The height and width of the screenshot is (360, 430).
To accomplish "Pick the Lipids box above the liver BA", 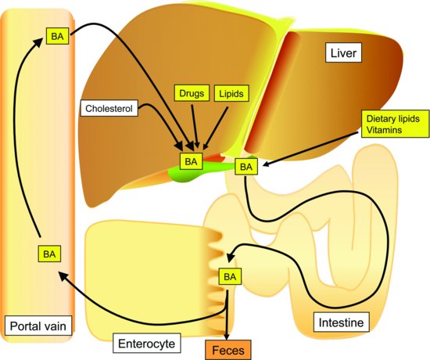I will click(x=230, y=94).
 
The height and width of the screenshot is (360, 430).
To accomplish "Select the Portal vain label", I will click(x=37, y=325).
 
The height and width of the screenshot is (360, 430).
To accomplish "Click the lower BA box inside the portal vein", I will click(x=49, y=254).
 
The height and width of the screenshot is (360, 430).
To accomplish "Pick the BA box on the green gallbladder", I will click(x=191, y=161).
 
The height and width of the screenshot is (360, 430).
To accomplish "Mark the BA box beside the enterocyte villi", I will click(x=229, y=276).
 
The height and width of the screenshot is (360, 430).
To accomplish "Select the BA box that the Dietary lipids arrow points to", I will click(x=246, y=167).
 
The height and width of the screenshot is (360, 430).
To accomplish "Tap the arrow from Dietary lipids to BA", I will click(x=313, y=149).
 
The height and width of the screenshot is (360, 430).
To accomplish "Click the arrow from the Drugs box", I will click(x=194, y=125).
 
